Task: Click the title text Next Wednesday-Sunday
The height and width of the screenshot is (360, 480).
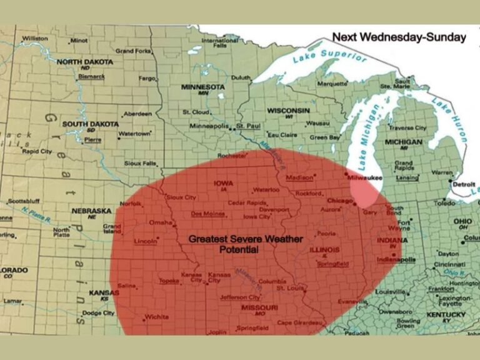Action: tap(399, 37)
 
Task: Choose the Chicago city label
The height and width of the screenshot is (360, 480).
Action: tap(341, 201)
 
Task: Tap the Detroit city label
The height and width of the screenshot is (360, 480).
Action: tap(463, 185)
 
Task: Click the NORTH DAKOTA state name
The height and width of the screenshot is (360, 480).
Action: tap(85, 62)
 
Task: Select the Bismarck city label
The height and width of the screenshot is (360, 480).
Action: tap(91, 76)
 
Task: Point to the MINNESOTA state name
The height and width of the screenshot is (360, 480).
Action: tap(203, 87)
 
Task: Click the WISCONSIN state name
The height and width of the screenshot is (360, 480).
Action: tap(288, 110)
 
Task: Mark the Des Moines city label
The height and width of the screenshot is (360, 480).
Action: tap(207, 214)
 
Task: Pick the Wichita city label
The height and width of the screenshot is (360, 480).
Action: tap(156, 317)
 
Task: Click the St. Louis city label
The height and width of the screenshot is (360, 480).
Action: tap(290, 288)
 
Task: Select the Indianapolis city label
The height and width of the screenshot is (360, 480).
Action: tap(396, 259)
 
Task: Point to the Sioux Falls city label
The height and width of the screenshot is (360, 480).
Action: tap(141, 163)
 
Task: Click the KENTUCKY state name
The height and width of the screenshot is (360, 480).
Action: tap(446, 314)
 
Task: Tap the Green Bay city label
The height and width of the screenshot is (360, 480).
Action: tap(325, 137)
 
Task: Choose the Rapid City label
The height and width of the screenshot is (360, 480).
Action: tap(37, 151)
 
